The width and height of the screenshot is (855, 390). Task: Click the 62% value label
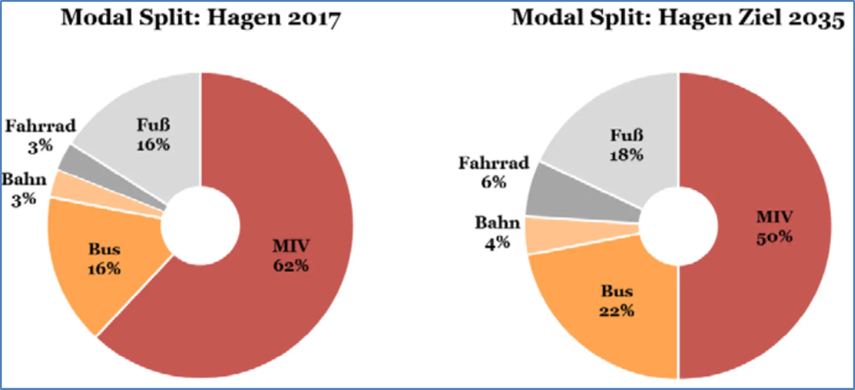[291, 265]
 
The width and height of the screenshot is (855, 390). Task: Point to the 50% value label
[774, 237]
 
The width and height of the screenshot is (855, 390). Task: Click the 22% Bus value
[617, 311]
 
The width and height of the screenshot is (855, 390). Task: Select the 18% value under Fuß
[627, 155]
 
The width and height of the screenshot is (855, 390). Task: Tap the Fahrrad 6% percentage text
[494, 182]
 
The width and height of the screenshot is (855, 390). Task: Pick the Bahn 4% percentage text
[497, 242]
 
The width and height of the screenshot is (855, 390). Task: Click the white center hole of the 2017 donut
[200, 226]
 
